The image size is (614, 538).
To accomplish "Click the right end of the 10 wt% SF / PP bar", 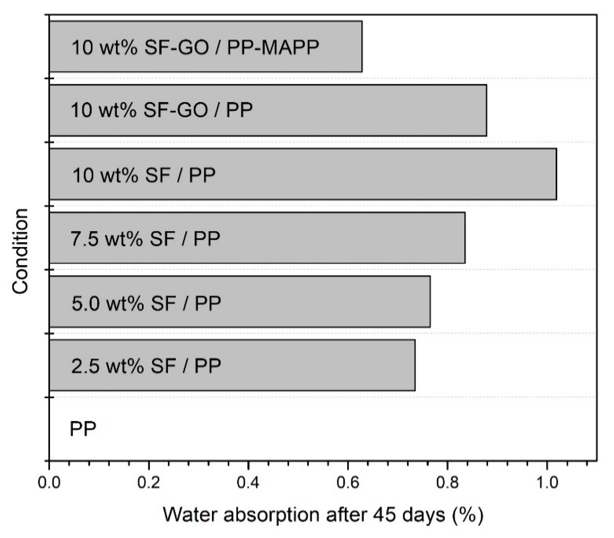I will (556, 174).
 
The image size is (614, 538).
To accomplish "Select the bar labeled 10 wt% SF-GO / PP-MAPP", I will (206, 46).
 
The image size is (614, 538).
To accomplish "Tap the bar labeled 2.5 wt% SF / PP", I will (232, 365).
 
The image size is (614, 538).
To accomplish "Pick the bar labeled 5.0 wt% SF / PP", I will (239, 301).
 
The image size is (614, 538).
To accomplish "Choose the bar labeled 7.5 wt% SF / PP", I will (257, 238).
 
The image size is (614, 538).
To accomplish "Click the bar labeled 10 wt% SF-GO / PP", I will (268, 110).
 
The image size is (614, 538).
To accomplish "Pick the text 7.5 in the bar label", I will (85, 239).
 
